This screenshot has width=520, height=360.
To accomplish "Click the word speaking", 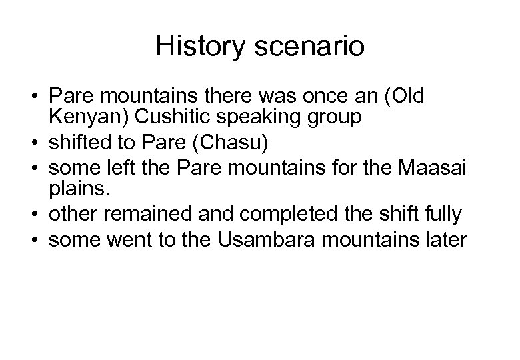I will click(281, 118).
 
